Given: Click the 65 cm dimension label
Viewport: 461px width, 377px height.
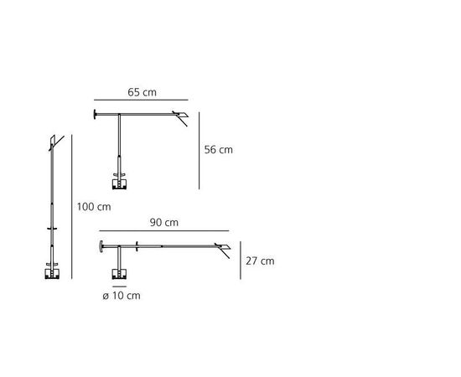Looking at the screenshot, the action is point(142,92).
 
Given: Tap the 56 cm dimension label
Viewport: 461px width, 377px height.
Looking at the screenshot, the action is point(219,150).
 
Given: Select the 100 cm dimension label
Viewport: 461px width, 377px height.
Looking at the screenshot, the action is point(94,207).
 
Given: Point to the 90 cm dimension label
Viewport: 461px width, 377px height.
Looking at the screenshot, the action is point(164,223).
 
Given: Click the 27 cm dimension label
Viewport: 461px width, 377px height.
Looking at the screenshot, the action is point(260,261).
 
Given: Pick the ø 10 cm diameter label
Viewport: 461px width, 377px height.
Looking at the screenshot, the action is point(122,296).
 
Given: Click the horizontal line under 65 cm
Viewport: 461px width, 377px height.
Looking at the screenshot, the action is point(141,100).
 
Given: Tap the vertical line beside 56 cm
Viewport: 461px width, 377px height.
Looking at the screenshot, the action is point(199,151).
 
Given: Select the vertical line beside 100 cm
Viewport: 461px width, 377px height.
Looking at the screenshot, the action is point(72,207).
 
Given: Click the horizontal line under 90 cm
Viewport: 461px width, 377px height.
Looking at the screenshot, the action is point(164,231).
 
